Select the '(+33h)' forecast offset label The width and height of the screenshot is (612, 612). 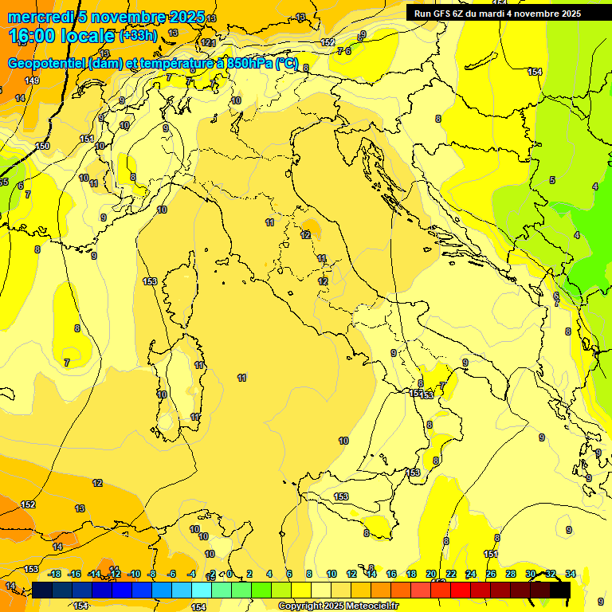click(138, 36)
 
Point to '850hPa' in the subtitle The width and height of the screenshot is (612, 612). click(249, 64)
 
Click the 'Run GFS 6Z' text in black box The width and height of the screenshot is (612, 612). click(441, 14)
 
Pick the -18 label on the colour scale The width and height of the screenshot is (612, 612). click(54, 574)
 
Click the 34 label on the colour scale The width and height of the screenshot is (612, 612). click(571, 574)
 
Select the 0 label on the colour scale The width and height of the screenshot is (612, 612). click(229, 574)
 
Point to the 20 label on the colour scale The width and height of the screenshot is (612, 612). click(431, 574)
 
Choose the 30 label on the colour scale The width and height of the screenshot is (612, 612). click(531, 574)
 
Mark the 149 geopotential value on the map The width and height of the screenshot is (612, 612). click(32, 80)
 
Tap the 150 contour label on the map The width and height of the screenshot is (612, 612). click(42, 146)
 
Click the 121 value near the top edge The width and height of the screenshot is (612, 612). click(208, 42)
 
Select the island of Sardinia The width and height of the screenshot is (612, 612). click(179, 382)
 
